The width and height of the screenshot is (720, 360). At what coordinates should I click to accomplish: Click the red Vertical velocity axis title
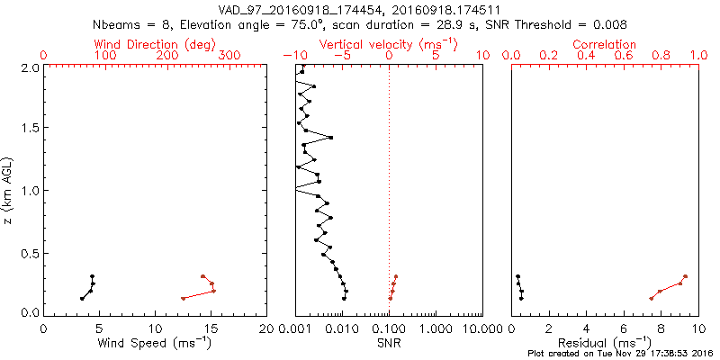(x=389, y=44)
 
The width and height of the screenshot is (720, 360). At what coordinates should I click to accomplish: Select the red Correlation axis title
(x=604, y=44)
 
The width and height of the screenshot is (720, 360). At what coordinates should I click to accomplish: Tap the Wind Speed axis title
(x=156, y=343)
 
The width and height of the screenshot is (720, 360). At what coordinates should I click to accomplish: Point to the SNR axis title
(x=389, y=343)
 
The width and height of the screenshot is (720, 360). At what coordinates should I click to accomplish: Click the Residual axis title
(x=604, y=343)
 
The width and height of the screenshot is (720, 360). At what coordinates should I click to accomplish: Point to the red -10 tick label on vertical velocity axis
(x=294, y=56)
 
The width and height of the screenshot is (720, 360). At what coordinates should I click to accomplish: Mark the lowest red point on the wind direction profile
(x=183, y=298)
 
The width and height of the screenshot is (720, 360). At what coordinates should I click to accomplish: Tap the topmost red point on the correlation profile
(x=685, y=276)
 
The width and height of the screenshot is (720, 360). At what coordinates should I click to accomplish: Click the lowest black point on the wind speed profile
(x=82, y=298)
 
